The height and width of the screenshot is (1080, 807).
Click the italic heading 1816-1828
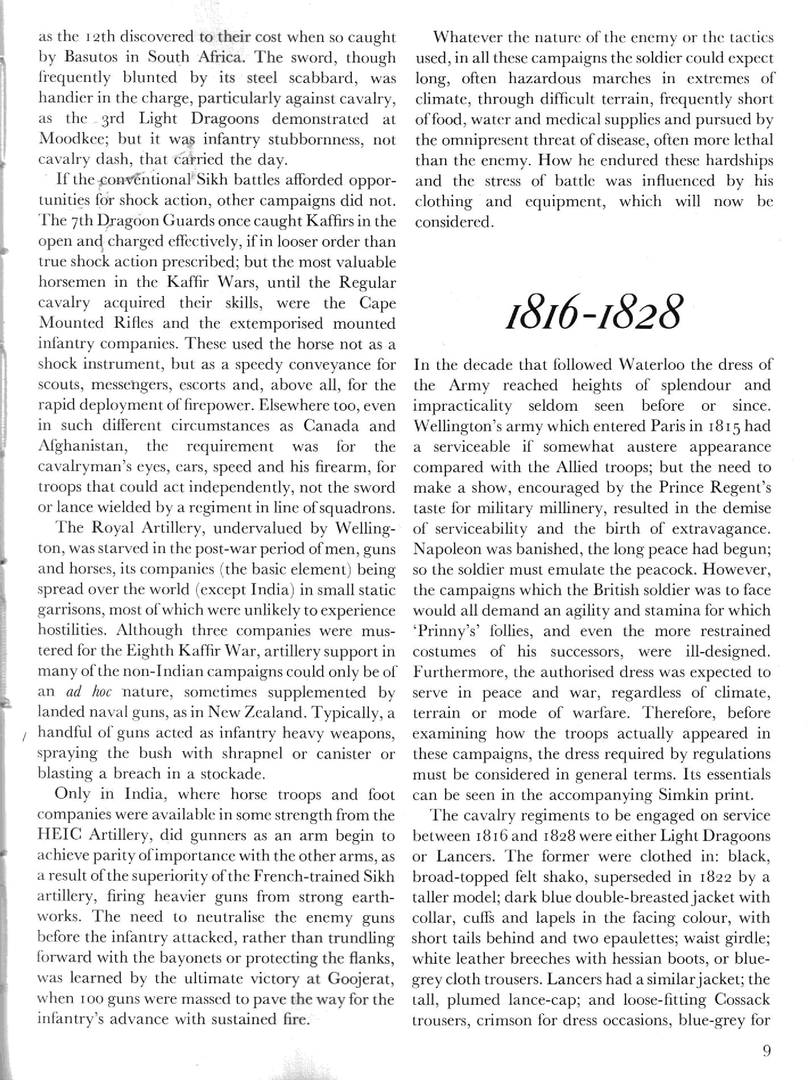coord(592,312)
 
